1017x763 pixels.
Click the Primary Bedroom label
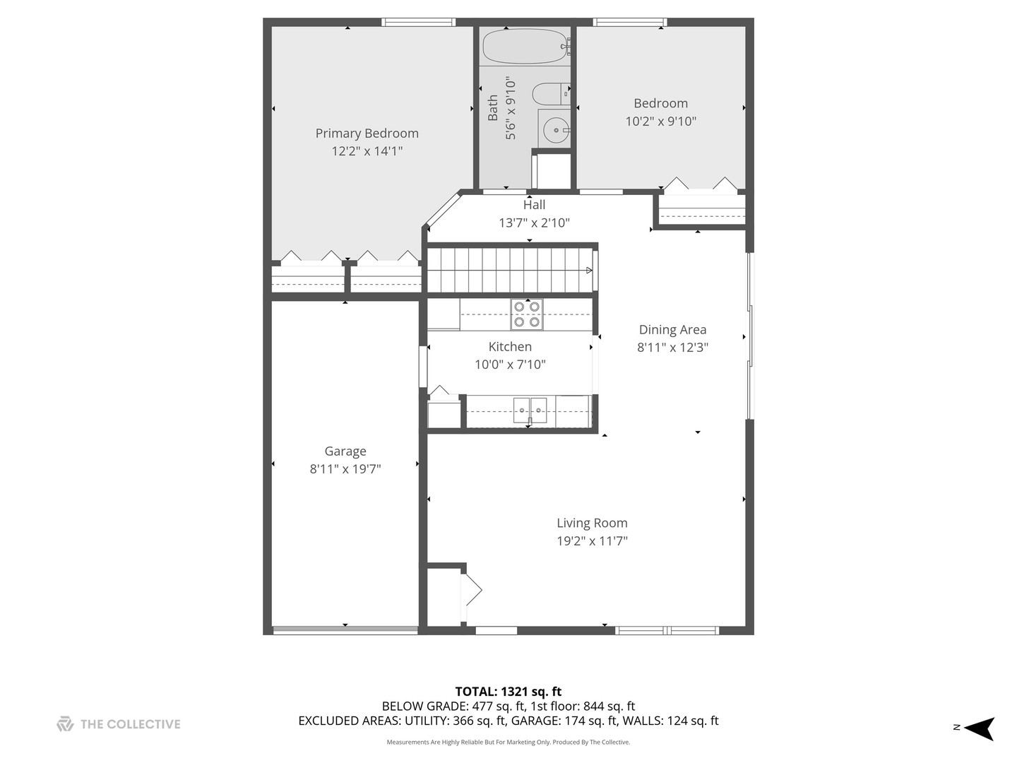click(367, 134)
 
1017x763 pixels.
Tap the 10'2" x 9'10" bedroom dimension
click(660, 122)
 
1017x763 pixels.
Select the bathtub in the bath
click(525, 46)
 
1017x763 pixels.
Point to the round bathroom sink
click(556, 130)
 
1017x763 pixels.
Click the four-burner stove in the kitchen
click(527, 314)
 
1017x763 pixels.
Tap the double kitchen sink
click(530, 410)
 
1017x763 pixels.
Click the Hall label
click(534, 205)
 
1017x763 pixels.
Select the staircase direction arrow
click(589, 270)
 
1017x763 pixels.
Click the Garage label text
click(345, 451)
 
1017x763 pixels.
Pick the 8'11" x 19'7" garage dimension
click(345, 469)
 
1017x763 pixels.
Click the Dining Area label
click(672, 330)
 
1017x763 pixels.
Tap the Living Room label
click(592, 524)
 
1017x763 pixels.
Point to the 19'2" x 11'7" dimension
click(592, 541)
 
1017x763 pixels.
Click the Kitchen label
click(510, 347)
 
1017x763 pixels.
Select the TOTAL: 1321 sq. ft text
click(509, 692)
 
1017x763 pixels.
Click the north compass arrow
click(979, 728)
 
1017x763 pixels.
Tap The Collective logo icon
click(65, 724)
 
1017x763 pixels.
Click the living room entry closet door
click(472, 590)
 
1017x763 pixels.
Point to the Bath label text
click(493, 108)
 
